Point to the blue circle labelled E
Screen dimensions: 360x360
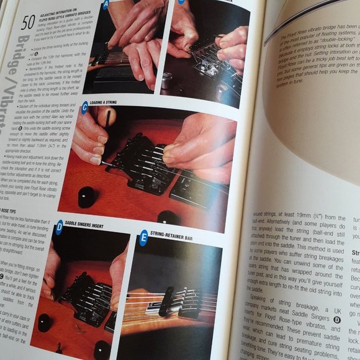point(144,236)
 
